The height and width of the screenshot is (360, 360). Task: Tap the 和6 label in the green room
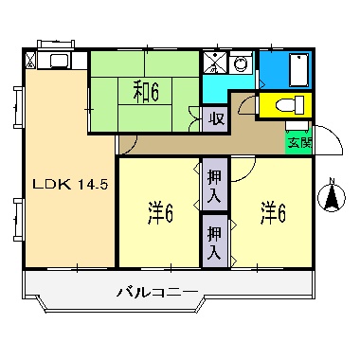(x=144, y=91)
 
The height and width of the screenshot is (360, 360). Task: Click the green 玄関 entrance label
(x=299, y=142)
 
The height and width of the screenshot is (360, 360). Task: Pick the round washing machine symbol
(x=240, y=64)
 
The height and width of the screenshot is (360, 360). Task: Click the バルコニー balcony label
(x=157, y=291)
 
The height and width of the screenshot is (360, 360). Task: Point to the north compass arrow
(x=332, y=199)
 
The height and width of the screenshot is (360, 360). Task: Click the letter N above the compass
(x=332, y=182)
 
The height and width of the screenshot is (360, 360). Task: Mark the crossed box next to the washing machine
(x=215, y=63)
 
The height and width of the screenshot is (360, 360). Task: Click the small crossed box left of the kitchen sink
(x=30, y=62)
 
